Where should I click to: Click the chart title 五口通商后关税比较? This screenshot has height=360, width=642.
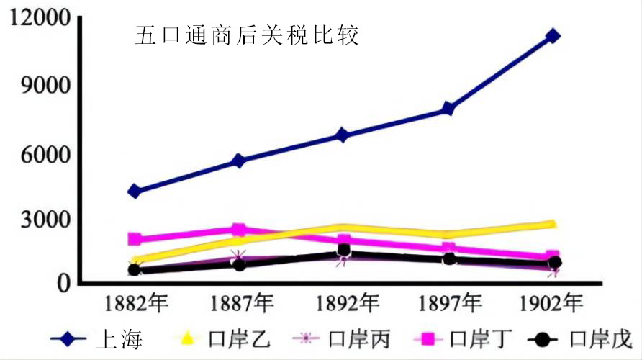[x=247, y=35]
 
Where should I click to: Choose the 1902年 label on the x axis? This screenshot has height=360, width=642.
[x=553, y=303]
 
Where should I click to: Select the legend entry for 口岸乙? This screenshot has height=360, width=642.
[x=216, y=338]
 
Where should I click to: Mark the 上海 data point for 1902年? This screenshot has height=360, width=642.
[x=553, y=36]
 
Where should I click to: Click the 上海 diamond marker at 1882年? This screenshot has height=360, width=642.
[x=135, y=192]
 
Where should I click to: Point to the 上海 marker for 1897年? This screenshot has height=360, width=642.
[x=448, y=109]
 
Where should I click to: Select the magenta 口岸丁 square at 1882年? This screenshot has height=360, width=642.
[x=135, y=239]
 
